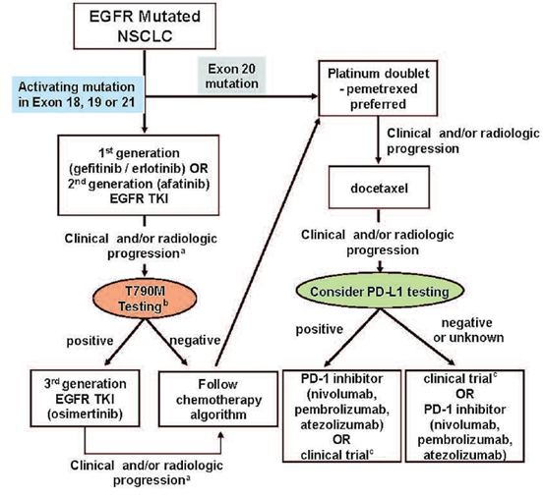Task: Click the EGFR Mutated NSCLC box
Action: tap(145, 26)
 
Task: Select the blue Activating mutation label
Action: tap(78, 94)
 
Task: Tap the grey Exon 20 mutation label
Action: tap(232, 76)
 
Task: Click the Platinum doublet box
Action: tap(378, 88)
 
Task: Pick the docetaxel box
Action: tap(379, 188)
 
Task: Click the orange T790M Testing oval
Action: tap(145, 299)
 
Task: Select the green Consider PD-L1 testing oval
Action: tap(380, 291)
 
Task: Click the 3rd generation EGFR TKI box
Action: tap(86, 399)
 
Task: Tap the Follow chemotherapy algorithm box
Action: tap(218, 399)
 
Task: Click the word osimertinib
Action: tap(86, 414)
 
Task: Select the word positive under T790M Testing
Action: tap(90, 341)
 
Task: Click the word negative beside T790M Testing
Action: tap(195, 341)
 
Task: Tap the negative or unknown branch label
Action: tap(468, 330)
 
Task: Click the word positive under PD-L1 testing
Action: tap(320, 329)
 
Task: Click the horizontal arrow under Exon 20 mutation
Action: tap(231, 96)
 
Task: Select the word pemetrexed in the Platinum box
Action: tap(382, 89)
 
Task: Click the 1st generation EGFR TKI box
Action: tap(139, 175)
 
